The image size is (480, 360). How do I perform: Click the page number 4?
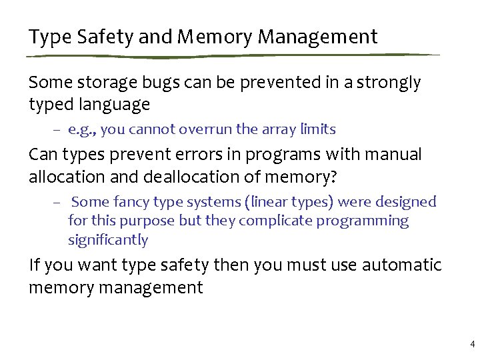point(472,345)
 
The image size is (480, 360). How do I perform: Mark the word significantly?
point(108,240)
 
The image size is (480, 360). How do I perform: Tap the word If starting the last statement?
point(35,265)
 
